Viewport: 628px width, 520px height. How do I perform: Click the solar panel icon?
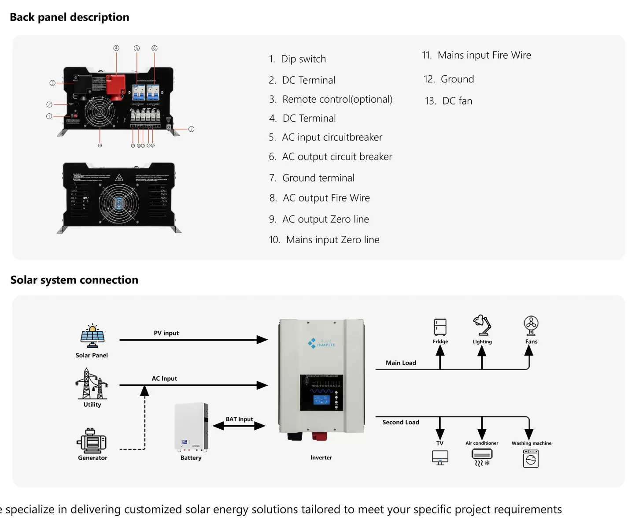92,336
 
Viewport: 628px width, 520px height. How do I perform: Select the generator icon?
92,441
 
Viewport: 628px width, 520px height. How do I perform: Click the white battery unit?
191,427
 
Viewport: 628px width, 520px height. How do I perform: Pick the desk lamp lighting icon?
482,326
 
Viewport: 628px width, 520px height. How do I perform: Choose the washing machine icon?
531,458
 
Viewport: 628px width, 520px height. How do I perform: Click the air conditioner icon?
482,457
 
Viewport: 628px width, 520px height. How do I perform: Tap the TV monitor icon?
440,457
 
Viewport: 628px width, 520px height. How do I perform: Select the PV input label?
166,333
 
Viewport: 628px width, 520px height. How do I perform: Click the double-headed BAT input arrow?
239,426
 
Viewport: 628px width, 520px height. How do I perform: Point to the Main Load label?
401,363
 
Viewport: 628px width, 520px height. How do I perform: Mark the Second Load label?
401,422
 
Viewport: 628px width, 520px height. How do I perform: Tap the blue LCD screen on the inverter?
321,400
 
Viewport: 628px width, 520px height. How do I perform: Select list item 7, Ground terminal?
318,178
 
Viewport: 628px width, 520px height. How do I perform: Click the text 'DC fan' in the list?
457,101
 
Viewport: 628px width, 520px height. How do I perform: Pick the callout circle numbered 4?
116,48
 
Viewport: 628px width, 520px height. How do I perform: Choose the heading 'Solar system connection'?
74,280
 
